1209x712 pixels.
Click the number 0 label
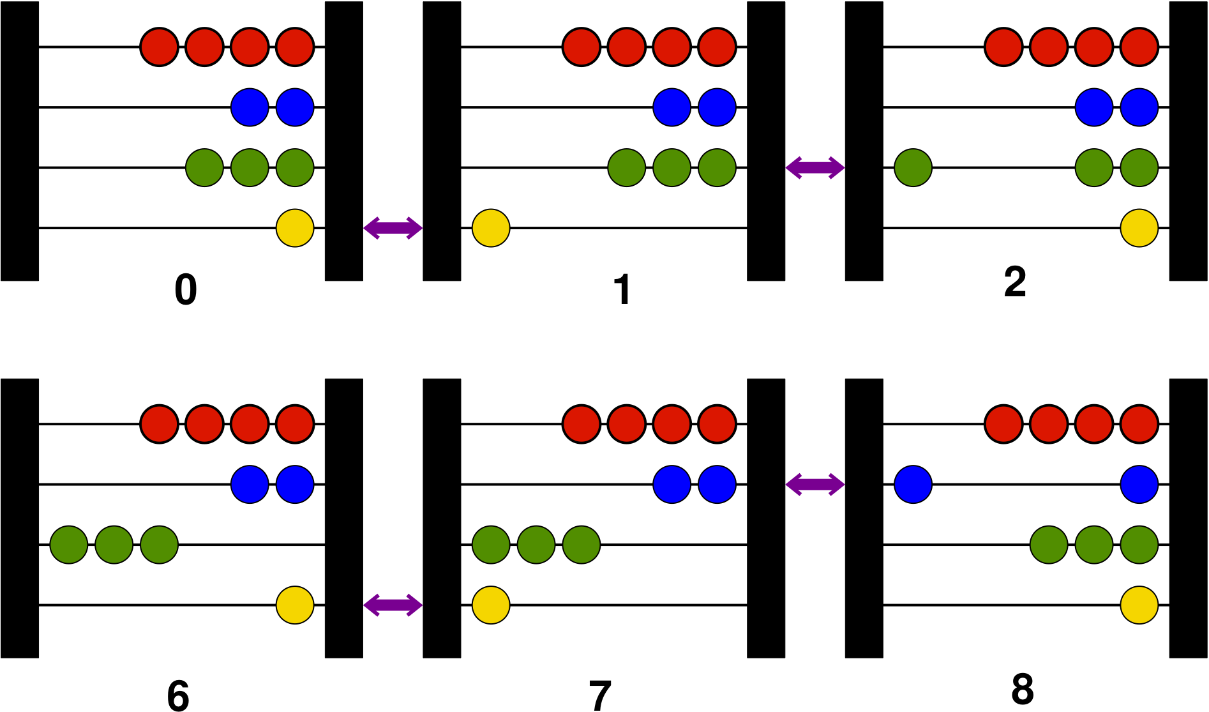186,290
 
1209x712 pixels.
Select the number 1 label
622,290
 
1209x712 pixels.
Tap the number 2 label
1015,282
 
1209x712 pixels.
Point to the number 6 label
178,695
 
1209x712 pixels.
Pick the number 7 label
600,695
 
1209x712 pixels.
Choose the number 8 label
1023,690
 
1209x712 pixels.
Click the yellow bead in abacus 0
295,228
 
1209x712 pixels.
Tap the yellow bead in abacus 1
491,228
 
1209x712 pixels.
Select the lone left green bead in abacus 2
913,168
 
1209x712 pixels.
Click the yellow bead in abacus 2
1139,228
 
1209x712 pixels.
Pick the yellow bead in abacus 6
295,605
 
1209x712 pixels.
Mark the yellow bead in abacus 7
491,605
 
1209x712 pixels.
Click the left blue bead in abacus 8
913,485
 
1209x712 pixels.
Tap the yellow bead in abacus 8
1139,605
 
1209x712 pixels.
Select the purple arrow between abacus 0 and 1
393,227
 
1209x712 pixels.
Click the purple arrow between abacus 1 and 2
815,168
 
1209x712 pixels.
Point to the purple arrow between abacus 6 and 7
393,605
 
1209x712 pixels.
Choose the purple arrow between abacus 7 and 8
815,485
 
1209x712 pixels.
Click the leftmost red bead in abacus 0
159,47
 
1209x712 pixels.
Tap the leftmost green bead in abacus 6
69,545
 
